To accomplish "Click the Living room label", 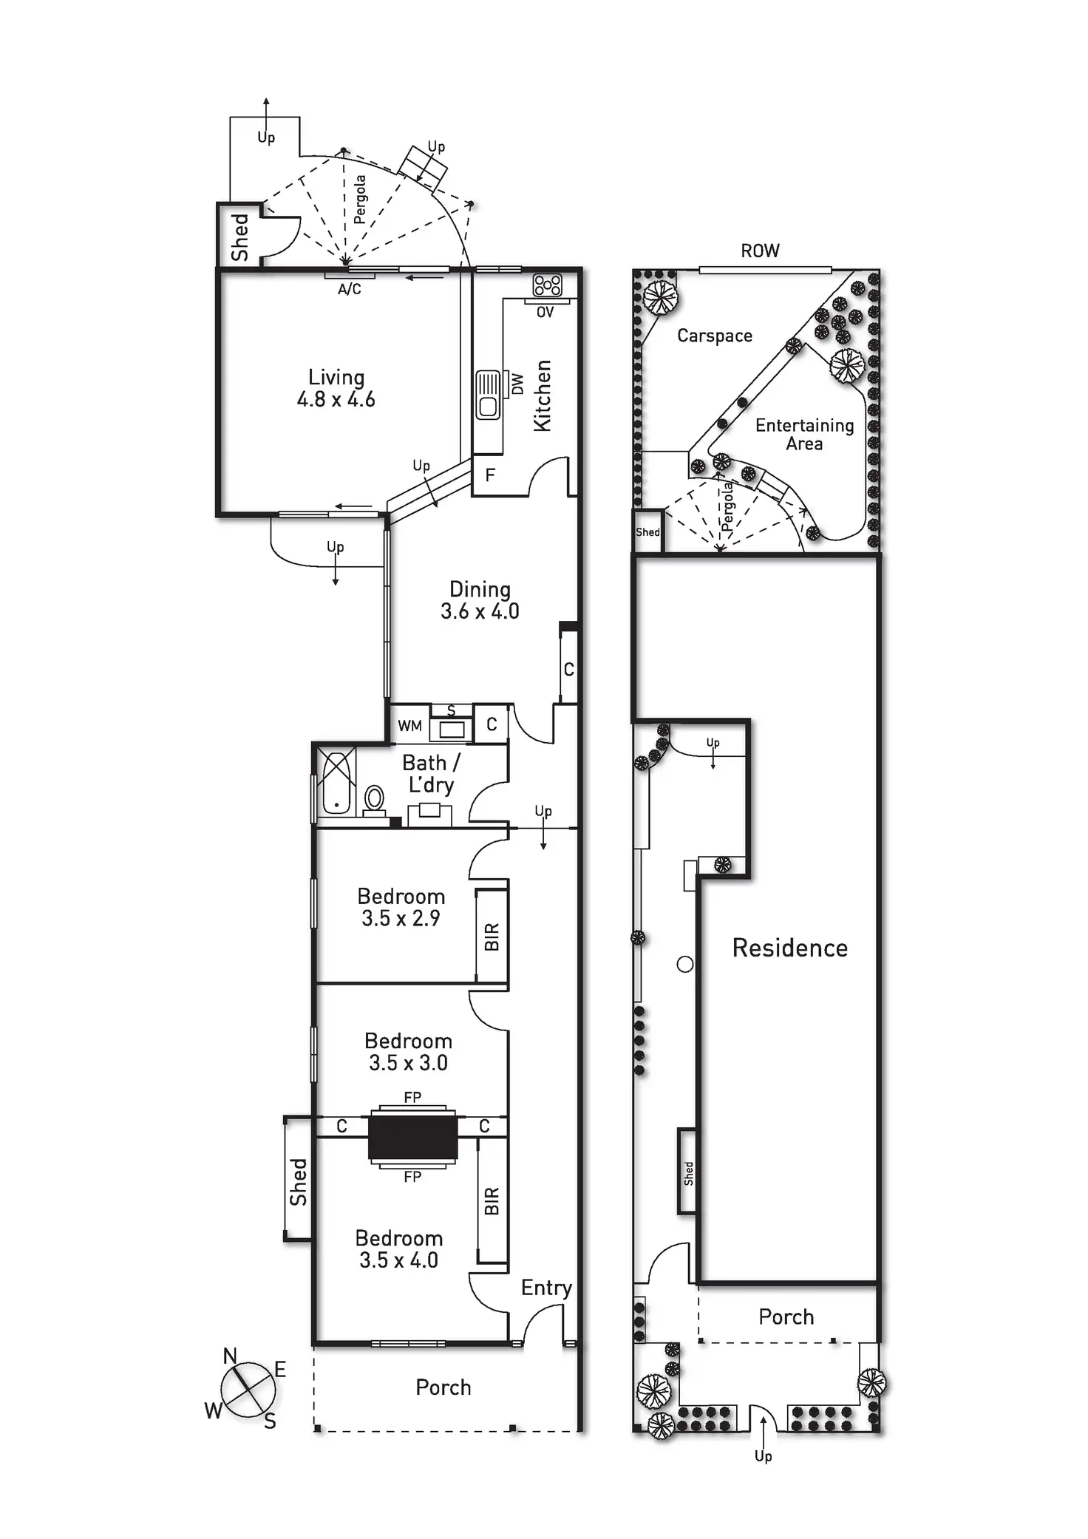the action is pyautogui.click(x=336, y=388).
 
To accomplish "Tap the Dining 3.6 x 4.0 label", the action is pyautogui.click(x=480, y=600).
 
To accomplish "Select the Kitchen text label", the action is pyautogui.click(x=543, y=395).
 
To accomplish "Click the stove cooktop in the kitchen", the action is pyautogui.click(x=548, y=285).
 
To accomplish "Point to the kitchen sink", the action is pyautogui.click(x=487, y=395).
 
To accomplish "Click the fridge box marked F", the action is pyautogui.click(x=489, y=475).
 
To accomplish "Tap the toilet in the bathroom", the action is pyautogui.click(x=375, y=799).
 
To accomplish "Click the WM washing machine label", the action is pyautogui.click(x=409, y=726).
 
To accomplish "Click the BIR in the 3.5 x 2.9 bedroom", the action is pyautogui.click(x=492, y=937).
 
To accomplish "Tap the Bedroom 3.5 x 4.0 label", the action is pyautogui.click(x=399, y=1249).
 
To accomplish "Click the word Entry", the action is pyautogui.click(x=546, y=1288).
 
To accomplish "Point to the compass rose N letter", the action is pyautogui.click(x=230, y=1356).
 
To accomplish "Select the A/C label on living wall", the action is pyautogui.click(x=350, y=289).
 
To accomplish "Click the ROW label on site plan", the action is pyautogui.click(x=760, y=251).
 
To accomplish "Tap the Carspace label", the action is pyautogui.click(x=715, y=336).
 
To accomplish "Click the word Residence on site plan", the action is pyautogui.click(x=789, y=948).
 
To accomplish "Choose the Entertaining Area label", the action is pyautogui.click(x=804, y=435).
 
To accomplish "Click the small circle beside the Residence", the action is pyautogui.click(x=685, y=964).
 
